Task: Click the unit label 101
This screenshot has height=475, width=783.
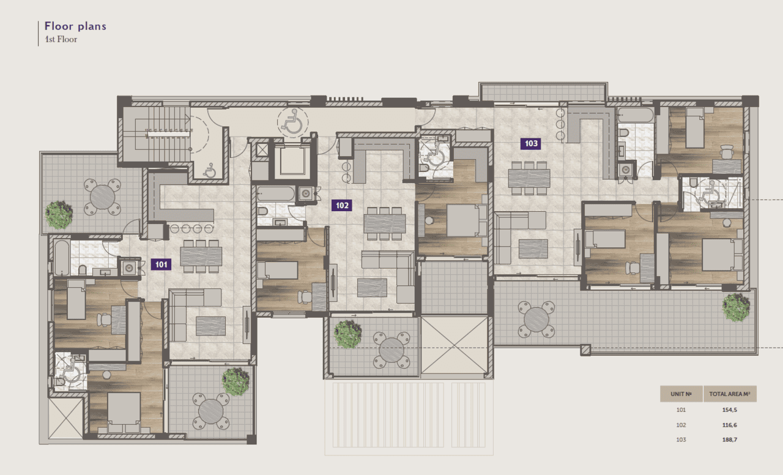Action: [x=161, y=264]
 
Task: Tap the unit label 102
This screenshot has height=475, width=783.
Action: [x=342, y=205]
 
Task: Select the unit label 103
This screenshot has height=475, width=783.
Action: [x=530, y=143]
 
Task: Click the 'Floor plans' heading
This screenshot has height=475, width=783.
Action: [x=75, y=26]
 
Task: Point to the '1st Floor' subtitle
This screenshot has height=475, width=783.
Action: [x=61, y=39]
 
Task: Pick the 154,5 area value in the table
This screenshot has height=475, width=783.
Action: [x=730, y=410]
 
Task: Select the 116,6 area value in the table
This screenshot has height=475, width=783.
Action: [x=730, y=425]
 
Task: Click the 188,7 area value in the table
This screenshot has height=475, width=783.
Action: [x=730, y=439]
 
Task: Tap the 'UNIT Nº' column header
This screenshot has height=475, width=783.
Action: [x=681, y=394]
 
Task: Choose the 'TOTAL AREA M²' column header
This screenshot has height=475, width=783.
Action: [x=730, y=394]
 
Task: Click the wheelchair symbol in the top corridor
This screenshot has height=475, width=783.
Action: [x=293, y=122]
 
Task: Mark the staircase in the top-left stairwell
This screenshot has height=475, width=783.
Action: [x=156, y=133]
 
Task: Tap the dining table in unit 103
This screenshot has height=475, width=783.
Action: [x=529, y=178]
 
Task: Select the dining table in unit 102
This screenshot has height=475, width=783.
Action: [x=385, y=223]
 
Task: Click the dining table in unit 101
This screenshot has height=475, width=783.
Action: [x=201, y=256]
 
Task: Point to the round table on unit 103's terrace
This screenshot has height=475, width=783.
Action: [x=536, y=320]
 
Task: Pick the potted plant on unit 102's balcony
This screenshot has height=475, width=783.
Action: [x=347, y=334]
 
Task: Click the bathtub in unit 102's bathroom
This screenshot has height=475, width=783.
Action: [x=276, y=194]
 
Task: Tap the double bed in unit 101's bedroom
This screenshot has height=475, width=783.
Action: [x=124, y=412]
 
